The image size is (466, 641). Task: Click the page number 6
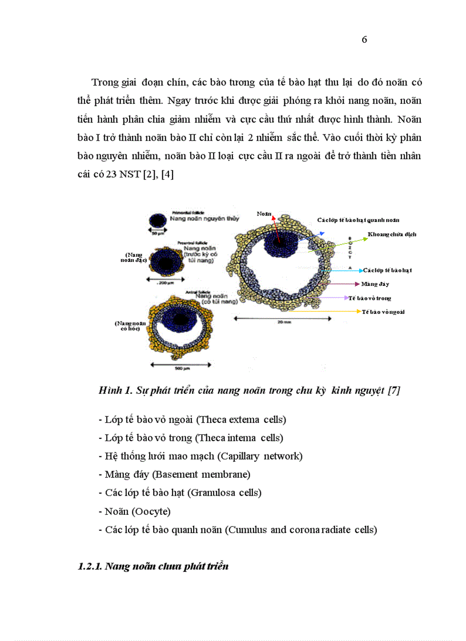pyautogui.click(x=364, y=39)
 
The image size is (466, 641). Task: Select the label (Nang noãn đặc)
pyautogui.click(x=135, y=257)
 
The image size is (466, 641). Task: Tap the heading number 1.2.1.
pyautogui.click(x=90, y=567)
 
